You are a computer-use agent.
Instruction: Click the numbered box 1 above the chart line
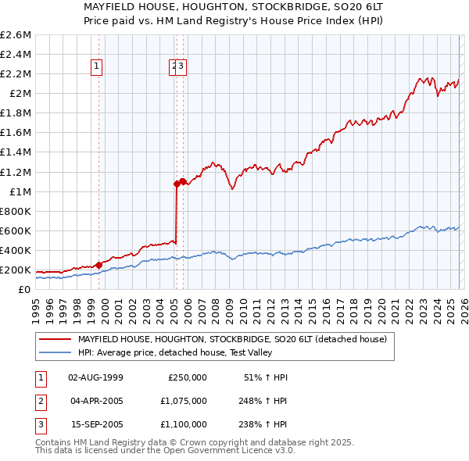coord(96,67)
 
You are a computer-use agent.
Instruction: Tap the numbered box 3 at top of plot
coord(181,67)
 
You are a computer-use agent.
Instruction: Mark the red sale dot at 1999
coord(98,265)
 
